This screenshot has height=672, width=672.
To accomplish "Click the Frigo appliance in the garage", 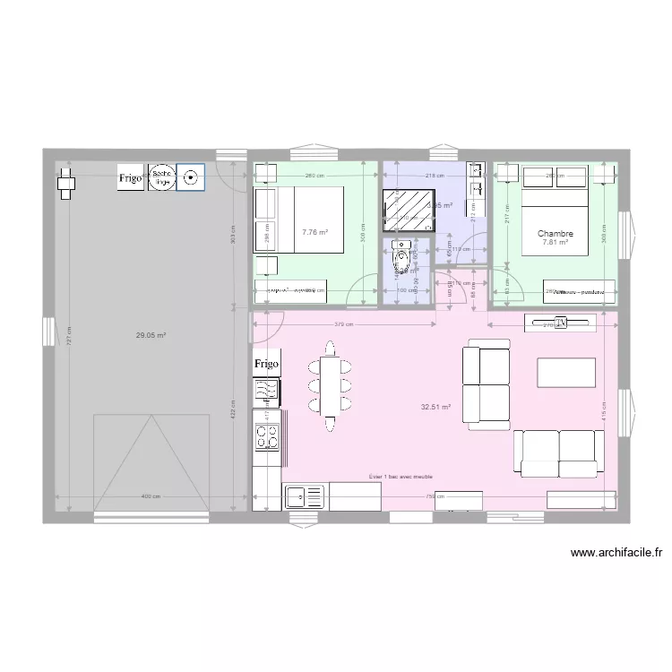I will tap(131, 179).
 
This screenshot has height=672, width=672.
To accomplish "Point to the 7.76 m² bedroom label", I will tap(314, 232).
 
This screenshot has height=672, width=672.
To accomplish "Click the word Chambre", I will tap(556, 234).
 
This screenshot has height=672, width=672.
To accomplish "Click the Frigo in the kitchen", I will tap(266, 365).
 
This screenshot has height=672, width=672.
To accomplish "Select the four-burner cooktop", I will tap(267, 436).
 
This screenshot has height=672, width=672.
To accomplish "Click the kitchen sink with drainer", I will tap(305, 495).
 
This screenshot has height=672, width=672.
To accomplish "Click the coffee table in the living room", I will tap(565, 371).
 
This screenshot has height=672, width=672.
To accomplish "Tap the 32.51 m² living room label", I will tap(435, 406).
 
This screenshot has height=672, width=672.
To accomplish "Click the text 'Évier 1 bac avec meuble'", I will tap(401, 477).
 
